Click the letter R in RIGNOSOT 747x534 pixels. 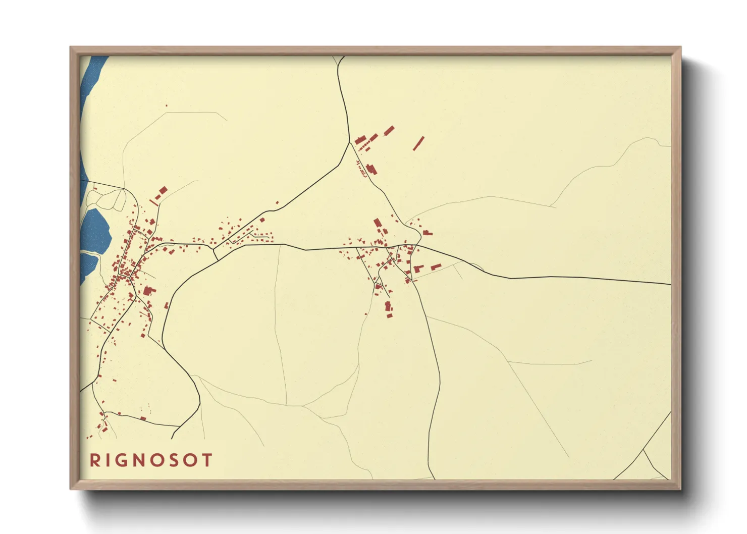click(94, 460)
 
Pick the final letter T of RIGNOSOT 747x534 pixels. click(207, 460)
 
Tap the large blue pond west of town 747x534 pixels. click(97, 230)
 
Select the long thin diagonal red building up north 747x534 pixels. click(418, 143)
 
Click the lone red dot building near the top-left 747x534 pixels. click(166, 105)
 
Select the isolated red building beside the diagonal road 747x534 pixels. click(277, 202)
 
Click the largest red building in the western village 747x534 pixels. click(148, 291)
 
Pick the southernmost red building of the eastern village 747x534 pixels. click(389, 315)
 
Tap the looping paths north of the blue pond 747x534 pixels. click(109, 199)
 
